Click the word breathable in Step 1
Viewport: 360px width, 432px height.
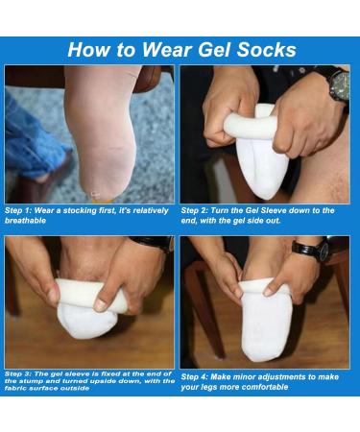pos(32,219)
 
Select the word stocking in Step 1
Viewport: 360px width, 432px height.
pos(86,209)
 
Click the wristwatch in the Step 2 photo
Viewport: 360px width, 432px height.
pos(336,84)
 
